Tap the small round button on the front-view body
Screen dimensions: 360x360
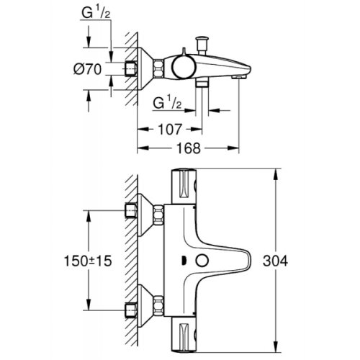[204, 261]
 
